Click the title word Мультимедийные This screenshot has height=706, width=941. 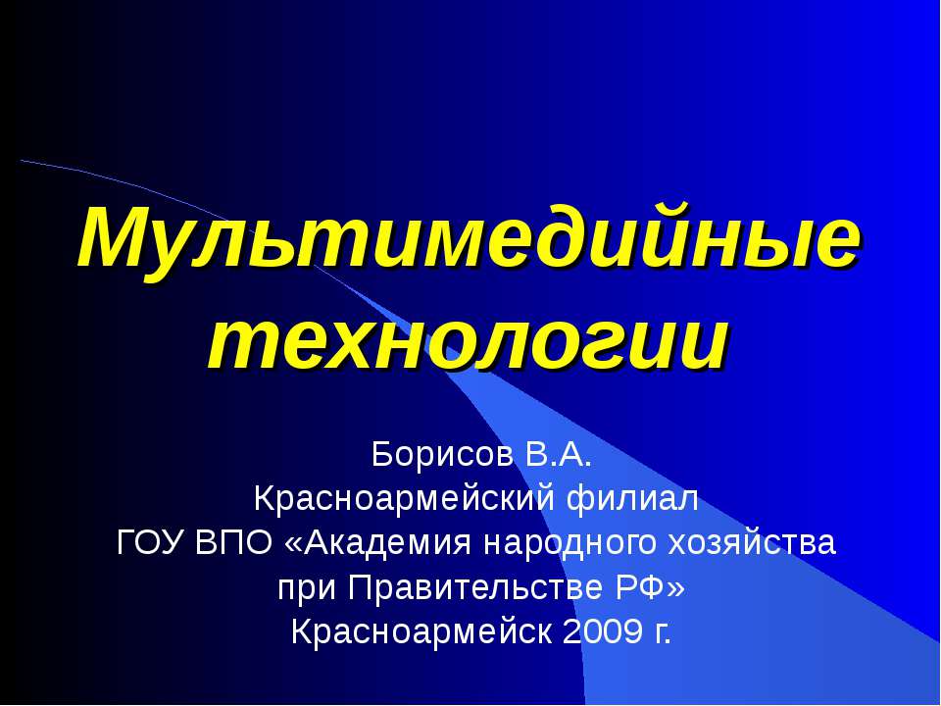pos(470,239)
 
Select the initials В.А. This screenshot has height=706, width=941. pos(544,456)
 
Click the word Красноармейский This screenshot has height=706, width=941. pos(403,499)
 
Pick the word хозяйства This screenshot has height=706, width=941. pos(753,542)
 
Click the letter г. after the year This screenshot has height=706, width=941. pos(662,632)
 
